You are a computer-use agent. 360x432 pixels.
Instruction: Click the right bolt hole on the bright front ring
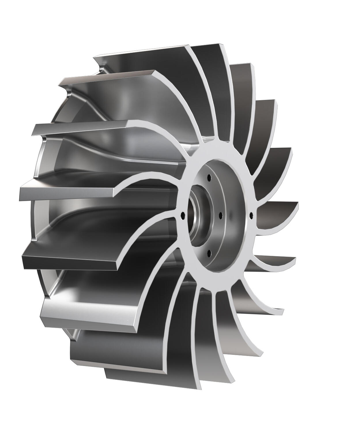pos(251,214)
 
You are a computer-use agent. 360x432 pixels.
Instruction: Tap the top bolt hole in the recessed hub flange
pos(210,176)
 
